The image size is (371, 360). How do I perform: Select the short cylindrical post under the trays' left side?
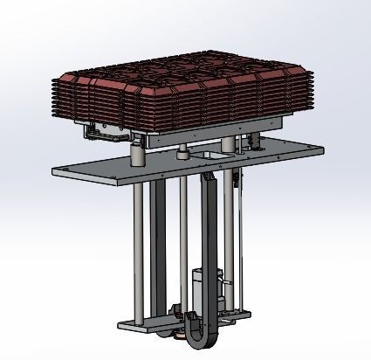coord(137,155)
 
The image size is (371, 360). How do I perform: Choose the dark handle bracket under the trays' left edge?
coord(98,133)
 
